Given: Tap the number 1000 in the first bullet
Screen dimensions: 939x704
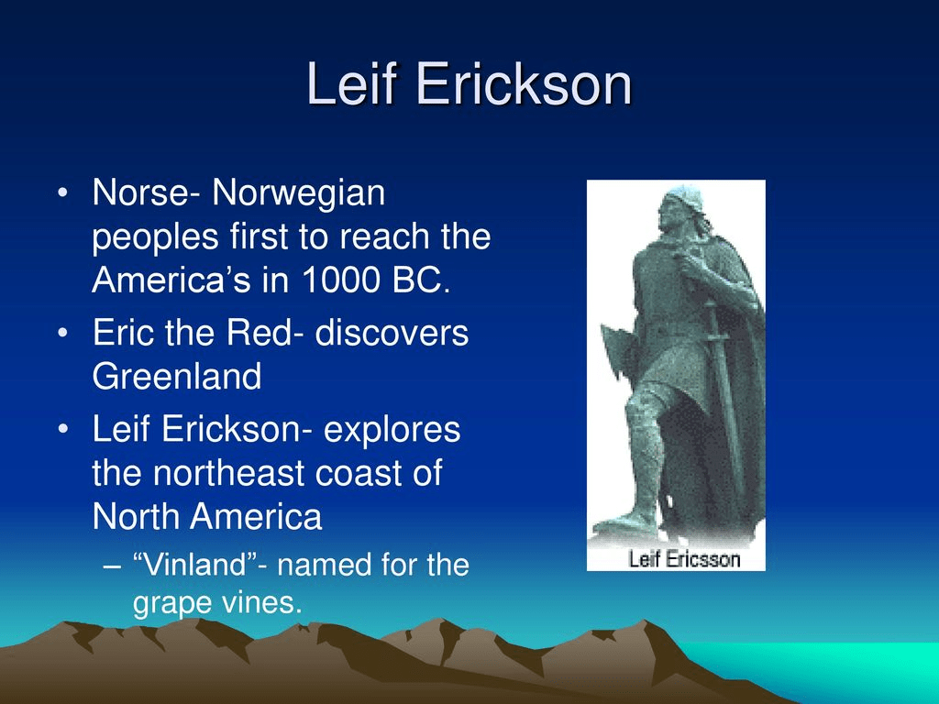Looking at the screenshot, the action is tap(340, 279).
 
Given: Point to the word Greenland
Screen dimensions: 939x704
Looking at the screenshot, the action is tap(177, 376).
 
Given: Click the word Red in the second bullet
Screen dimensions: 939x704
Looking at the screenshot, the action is tap(260, 332).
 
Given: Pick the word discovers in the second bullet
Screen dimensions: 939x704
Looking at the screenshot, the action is tap(392, 332).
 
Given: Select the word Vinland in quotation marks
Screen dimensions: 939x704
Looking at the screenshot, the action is tap(196, 565).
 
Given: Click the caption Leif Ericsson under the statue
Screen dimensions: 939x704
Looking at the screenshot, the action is tap(684, 559).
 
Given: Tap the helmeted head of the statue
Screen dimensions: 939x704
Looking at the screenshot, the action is tap(682, 206).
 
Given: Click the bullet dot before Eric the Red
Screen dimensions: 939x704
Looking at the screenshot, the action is tap(63, 333).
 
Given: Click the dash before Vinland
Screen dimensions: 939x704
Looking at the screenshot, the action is tap(112, 566).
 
